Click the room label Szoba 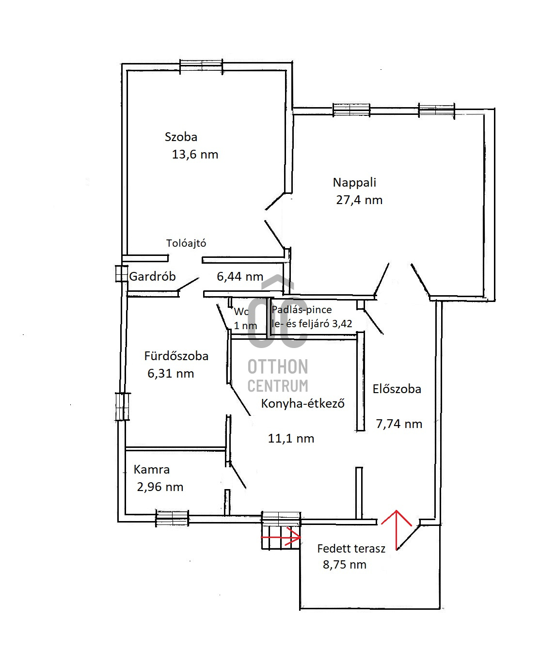pos(181,137)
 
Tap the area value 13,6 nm pos(195,154)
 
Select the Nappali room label pos(354,183)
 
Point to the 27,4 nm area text pos(359,200)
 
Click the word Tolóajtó pos(186,243)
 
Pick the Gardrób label pos(152,276)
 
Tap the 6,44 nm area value pos(240,277)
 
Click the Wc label pos(241,311)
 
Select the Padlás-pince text pos(302,310)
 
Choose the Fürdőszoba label pos(176,356)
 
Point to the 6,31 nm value pos(171,374)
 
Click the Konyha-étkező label pos(302,403)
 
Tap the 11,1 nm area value pos(291,439)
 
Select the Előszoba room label pos(397,389)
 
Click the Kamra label pos(152,470)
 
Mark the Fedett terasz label pos(351,549)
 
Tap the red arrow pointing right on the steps pos(281,537)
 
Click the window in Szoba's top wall pos(201,66)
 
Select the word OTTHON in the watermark pos(278,367)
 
